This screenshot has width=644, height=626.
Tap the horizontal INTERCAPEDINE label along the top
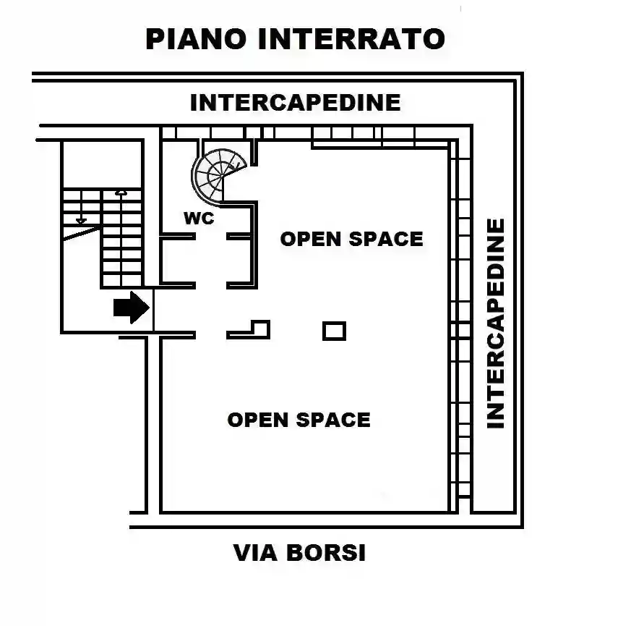(295, 103)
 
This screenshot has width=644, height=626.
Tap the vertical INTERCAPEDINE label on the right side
(495, 323)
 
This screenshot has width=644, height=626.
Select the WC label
(199, 218)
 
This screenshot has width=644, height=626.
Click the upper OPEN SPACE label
(351, 239)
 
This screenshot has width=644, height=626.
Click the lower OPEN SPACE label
(299, 420)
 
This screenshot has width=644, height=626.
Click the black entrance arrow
(131, 308)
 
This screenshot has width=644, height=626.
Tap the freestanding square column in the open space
(334, 331)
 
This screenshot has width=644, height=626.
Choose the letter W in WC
(192, 218)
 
